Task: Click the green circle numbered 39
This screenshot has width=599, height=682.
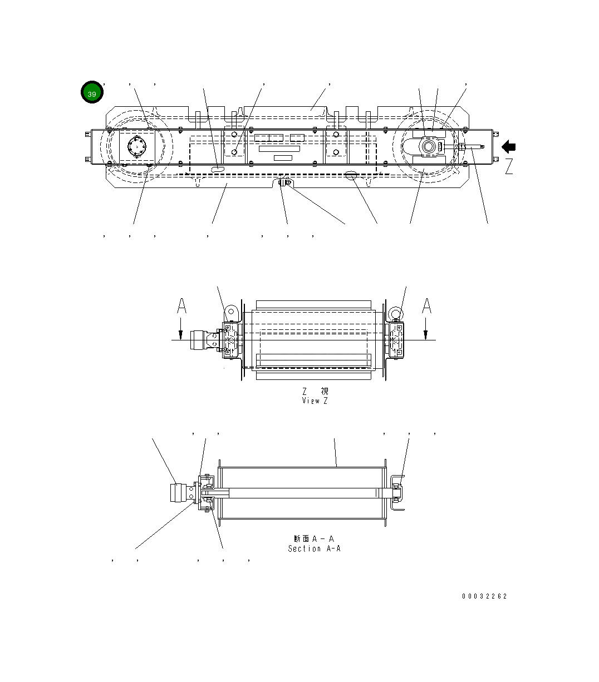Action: pos(92,93)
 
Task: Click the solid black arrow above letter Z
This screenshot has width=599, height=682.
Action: pos(509,147)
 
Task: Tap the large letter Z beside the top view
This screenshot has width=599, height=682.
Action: pos(509,166)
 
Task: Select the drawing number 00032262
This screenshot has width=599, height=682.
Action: pos(484,596)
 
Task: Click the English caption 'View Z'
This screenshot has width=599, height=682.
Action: pos(315,401)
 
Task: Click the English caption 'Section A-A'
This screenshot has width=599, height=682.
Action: pos(314,548)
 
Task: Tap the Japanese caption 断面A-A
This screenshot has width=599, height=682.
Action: pos(314,538)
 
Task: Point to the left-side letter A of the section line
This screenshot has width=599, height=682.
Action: pos(181,306)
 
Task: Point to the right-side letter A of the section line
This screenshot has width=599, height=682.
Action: pos(426,306)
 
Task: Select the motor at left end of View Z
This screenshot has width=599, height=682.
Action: pos(199,339)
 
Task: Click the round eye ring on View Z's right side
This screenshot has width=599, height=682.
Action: pos(395,313)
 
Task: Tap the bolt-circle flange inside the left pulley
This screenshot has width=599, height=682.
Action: pos(136,148)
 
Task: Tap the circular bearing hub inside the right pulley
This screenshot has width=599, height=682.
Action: pos(429,147)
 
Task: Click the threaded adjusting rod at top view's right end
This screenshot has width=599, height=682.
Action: pos(471,146)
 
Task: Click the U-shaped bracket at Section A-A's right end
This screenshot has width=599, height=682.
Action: pos(396,492)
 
